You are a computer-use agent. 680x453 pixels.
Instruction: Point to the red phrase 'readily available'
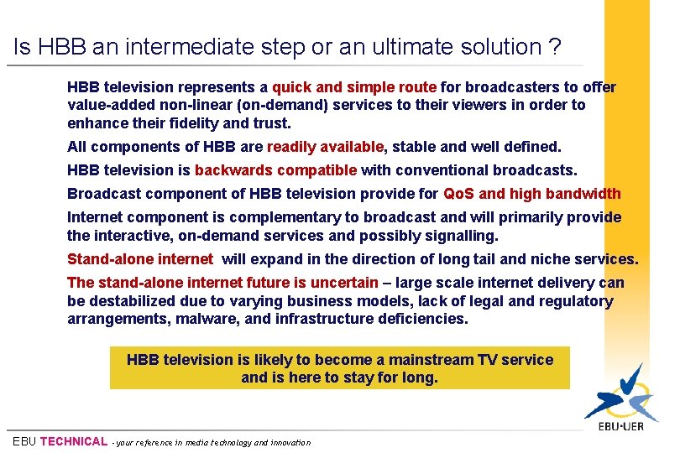pos(325,147)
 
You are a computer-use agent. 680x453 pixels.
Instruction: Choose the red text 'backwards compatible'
pos(275,170)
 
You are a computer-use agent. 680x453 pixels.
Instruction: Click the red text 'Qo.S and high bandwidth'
pos(531,194)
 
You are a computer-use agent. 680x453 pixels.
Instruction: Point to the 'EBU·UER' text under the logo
pos(622,428)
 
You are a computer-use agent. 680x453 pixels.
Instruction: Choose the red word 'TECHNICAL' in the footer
pos(74,441)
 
